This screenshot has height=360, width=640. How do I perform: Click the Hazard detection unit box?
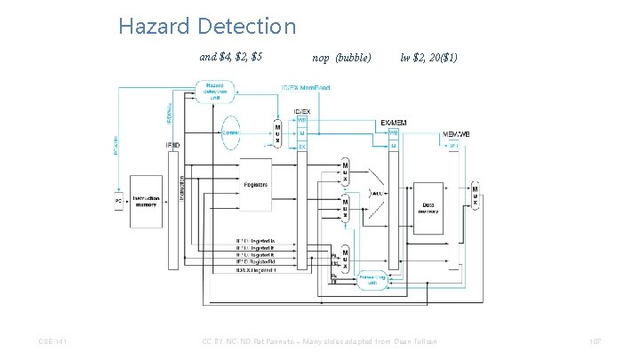[x=214, y=91]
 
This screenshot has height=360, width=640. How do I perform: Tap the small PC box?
[x=117, y=201]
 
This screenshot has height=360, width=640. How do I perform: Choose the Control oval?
[x=230, y=132]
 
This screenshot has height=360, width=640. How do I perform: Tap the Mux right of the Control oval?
[x=277, y=133]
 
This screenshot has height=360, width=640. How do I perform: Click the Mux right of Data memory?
[x=475, y=196]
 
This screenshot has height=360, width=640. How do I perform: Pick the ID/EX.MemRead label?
[x=306, y=88]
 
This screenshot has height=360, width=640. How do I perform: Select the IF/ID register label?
[x=173, y=144]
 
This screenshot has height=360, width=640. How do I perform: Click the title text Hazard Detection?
[x=207, y=27]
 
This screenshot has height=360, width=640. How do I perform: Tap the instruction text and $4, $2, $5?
[x=231, y=58]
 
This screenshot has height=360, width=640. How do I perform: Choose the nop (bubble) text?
[x=342, y=58]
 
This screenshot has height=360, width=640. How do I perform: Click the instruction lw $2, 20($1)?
[x=429, y=58]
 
